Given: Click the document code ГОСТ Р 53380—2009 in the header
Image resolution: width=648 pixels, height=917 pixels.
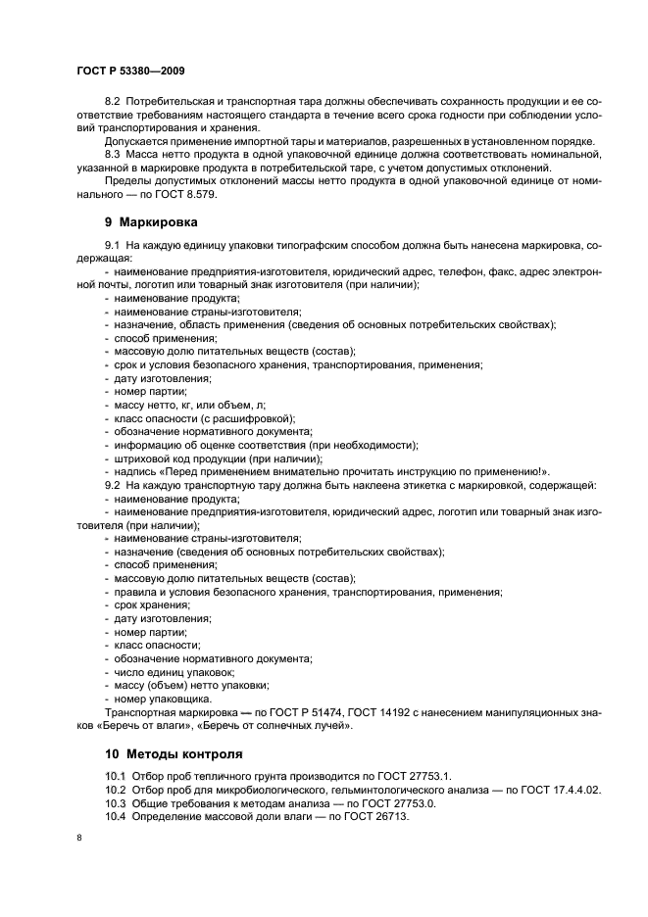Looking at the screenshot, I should pos(129,72).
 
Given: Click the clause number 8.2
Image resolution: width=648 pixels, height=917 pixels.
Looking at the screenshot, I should pos(114,103).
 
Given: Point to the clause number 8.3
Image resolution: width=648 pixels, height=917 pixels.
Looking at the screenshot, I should pos(114,155).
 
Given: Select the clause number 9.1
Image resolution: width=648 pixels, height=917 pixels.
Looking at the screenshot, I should pos(114,243).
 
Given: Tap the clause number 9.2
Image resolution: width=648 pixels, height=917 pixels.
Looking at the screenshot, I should pos(114,486).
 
